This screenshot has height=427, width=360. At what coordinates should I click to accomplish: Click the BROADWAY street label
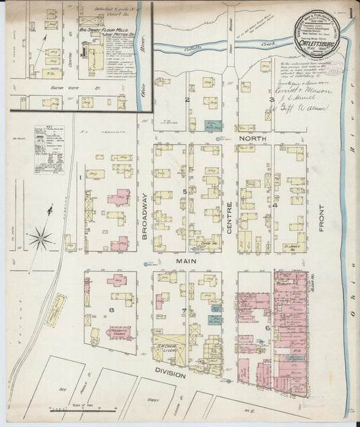click(x=145, y=215)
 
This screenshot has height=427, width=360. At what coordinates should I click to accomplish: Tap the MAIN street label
click(x=186, y=259)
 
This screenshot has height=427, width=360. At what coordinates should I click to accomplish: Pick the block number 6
click(x=268, y=328)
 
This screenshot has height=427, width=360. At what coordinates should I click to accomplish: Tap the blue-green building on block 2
click(x=213, y=126)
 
